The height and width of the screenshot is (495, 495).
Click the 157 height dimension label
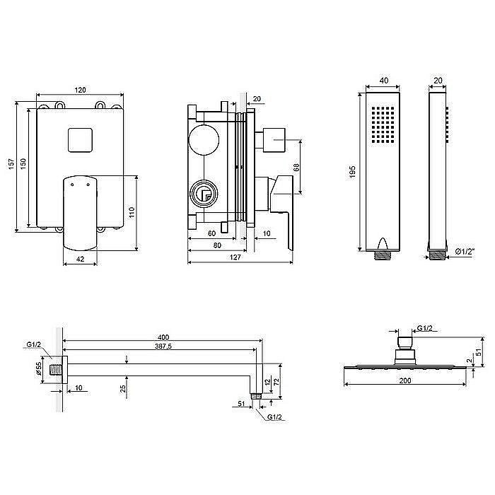(12, 164)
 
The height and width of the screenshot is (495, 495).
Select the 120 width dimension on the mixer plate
(80, 90)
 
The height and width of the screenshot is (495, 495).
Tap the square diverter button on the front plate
(80, 140)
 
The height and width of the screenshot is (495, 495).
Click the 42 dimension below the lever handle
(81, 259)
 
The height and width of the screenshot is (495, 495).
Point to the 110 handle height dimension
(132, 212)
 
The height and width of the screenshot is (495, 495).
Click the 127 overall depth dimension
(235, 257)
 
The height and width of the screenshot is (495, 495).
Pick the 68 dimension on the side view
(296, 168)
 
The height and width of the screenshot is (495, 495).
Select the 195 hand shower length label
(352, 172)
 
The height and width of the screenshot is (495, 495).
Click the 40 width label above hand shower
(384, 81)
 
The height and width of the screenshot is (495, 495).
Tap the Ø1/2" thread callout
(465, 252)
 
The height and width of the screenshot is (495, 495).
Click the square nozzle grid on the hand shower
(383, 124)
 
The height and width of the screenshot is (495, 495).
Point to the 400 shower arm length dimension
(163, 337)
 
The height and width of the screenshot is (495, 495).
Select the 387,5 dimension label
(163, 346)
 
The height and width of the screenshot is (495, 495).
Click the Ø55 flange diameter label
(38, 368)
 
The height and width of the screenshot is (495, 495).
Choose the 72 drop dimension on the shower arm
(276, 382)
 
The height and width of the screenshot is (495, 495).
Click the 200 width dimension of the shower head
(405, 380)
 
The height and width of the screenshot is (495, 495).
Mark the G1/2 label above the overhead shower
(424, 328)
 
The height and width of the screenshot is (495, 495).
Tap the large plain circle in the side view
(204, 140)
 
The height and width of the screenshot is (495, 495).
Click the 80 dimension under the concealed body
(217, 245)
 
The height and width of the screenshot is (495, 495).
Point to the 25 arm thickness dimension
(123, 388)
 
